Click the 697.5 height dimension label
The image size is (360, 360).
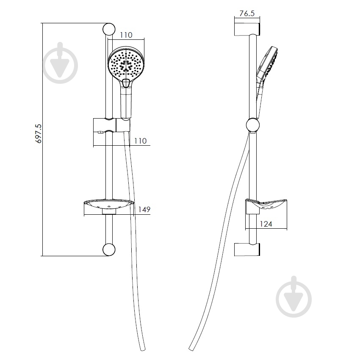point(39,133)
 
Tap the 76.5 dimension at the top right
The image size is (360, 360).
point(247,13)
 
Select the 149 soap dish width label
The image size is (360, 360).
point(144,209)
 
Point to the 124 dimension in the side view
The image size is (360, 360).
point(266,224)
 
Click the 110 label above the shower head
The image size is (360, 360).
point(126,35)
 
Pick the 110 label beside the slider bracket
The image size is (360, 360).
point(140,141)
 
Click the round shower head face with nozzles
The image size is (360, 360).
point(126,64)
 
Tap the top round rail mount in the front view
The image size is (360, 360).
point(108,29)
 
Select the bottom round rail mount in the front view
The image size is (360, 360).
point(108,249)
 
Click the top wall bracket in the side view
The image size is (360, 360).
point(247,29)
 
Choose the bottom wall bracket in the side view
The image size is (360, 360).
point(247,249)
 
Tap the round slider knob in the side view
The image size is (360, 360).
point(253,125)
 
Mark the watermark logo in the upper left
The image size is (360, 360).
point(61,63)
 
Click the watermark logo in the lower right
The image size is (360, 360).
point(294,296)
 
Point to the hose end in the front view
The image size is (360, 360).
point(143,349)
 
